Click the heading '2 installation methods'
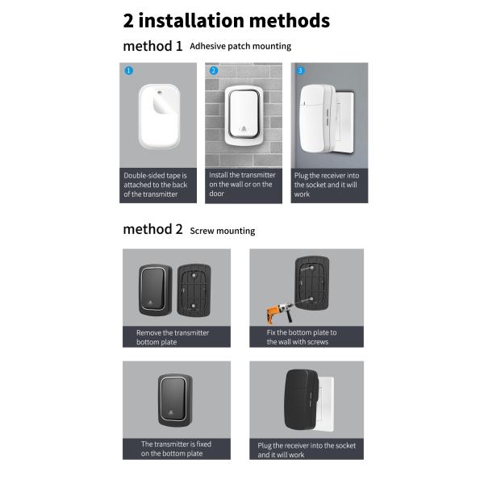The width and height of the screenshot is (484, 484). tap(226, 20)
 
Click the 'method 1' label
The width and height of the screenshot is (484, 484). tap(152, 46)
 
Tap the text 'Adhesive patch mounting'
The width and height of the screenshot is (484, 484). tap(240, 47)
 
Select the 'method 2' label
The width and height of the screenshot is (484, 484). tap(152, 229)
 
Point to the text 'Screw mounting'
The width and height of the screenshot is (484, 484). tap(223, 231)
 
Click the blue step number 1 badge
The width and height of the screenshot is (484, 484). tap(128, 71)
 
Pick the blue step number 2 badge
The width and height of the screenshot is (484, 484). tap(214, 71)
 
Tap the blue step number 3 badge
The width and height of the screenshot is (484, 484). tap(300, 71)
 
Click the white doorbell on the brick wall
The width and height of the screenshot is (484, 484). tap(243, 118)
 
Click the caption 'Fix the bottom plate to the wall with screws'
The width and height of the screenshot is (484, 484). tap(302, 336)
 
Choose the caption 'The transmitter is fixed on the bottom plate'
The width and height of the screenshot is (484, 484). tap(176, 448)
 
